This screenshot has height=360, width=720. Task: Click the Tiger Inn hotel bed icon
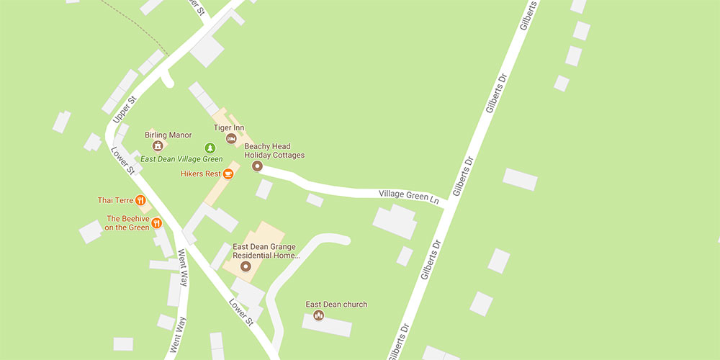pos(230,138)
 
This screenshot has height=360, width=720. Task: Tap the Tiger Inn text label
pos(229,127)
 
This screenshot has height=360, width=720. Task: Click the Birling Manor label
pos(168,135)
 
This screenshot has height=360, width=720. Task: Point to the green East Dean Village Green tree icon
pos(210,148)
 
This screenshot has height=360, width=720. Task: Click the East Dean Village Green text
pos(181,159)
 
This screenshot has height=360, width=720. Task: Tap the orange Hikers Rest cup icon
pos(228,174)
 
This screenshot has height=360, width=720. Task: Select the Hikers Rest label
pos(201,174)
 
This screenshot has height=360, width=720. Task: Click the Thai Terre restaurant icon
pos(140,200)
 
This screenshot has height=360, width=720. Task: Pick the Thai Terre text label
pos(115,200)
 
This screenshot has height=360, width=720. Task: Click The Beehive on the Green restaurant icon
pos(156,224)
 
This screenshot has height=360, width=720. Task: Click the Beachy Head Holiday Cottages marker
pos(257,166)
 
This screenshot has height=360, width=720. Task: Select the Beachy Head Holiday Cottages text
pos(274,150)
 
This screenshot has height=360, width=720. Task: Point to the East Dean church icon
pos(319,315)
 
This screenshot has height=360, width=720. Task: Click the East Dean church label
pos(336,305)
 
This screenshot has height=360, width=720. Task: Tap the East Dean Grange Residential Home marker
pos(245,267)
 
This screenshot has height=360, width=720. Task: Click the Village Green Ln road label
pos(409,196)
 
